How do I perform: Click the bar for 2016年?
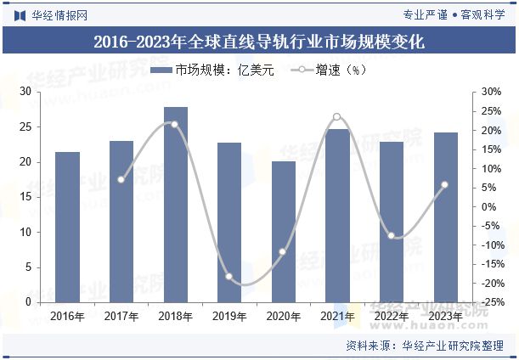pos(67,228)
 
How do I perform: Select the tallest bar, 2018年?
pos(175,205)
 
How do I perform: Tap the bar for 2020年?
pos(283,232)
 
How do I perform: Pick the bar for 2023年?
pos(445,217)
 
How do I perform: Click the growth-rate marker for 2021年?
pos(337,117)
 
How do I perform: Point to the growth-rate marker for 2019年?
pos(229,277)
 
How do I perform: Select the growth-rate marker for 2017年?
pos(121,179)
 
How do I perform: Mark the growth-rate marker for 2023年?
pos(445,184)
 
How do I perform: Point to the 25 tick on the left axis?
pos(25,127)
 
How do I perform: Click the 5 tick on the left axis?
pos(28,267)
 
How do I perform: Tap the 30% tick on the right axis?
pos(492,92)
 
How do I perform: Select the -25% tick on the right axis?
pos(490,302)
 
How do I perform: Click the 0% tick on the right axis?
pos(488,206)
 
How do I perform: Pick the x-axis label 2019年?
pos(229,317)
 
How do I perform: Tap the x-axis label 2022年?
pos(391,317)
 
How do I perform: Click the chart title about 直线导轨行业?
pos(259,40)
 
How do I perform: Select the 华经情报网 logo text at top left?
pos(50,14)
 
